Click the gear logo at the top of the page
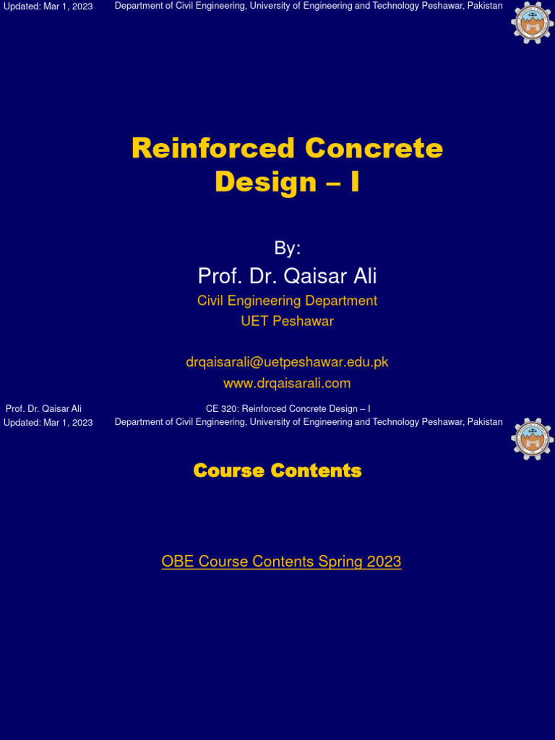533,22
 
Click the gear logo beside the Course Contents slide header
533,439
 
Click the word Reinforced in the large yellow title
213,148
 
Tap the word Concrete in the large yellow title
374,148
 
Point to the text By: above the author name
287,249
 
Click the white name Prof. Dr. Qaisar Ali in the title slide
287,276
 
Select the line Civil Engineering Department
287,301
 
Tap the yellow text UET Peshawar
287,321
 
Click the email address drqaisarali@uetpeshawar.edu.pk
287,362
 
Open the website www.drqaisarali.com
287,383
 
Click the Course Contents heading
277,471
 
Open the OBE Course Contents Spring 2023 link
281,562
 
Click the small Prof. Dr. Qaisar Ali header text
43,409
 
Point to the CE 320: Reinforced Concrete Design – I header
288,409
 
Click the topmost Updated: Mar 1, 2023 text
48,7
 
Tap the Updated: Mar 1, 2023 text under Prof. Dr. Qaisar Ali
48,423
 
